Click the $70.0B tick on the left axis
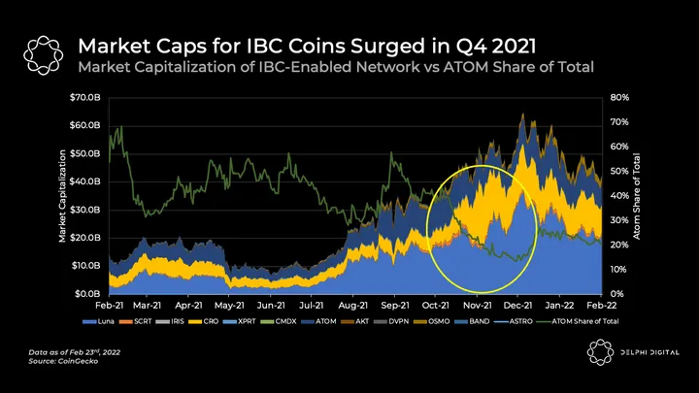(85, 97)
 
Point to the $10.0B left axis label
(85, 265)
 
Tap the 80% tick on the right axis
(621, 97)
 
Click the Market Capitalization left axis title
(63, 196)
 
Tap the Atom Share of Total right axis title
(638, 196)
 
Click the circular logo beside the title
(42, 53)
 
